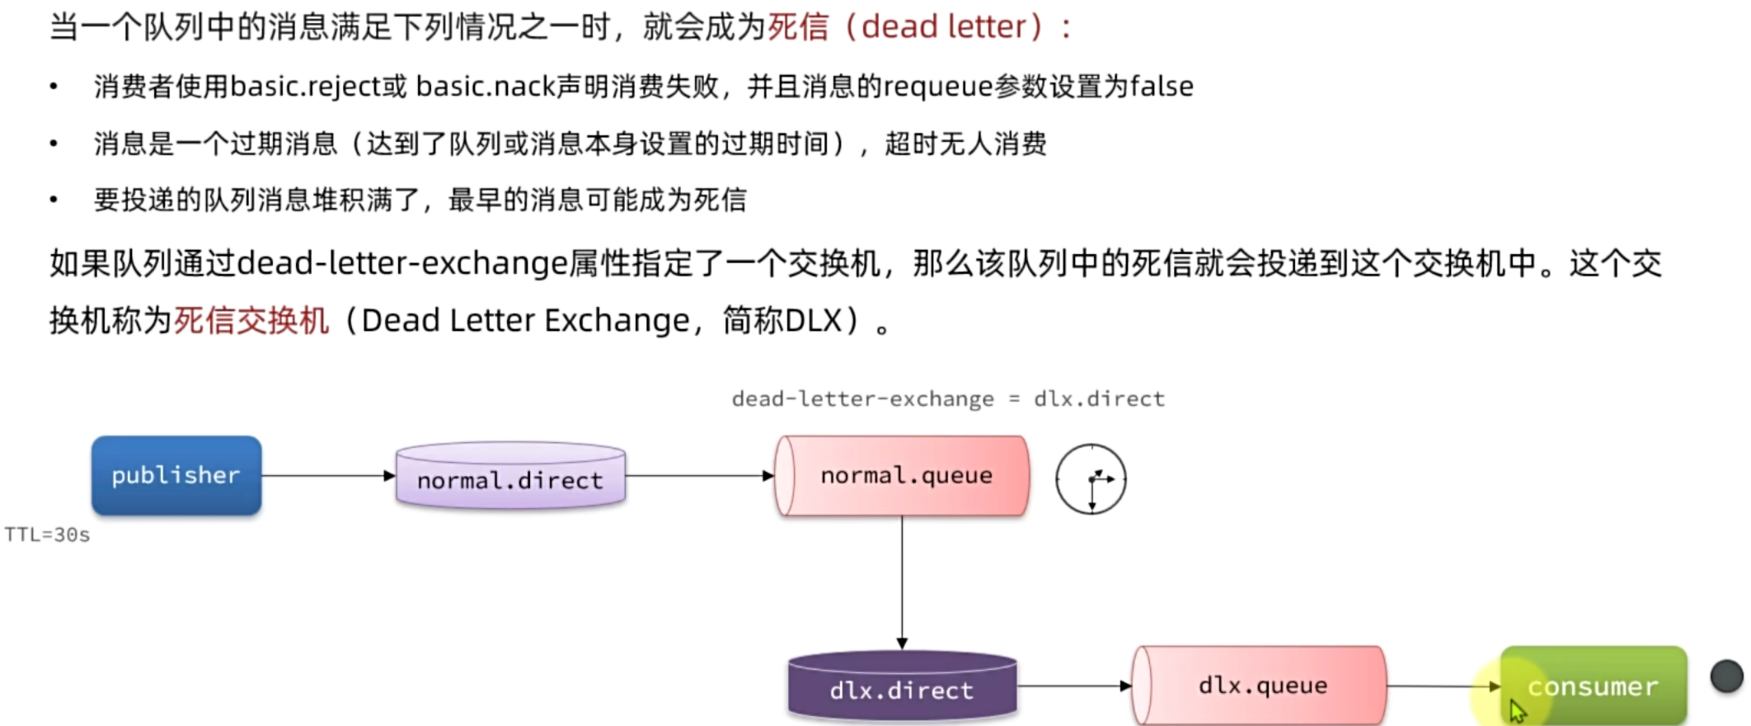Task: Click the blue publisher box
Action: (176, 475)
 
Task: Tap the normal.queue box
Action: (903, 475)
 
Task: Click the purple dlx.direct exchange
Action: (902, 687)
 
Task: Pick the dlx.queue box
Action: (1260, 686)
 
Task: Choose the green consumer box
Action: (1593, 686)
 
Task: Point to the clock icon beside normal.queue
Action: (1091, 479)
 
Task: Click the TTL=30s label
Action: (47, 535)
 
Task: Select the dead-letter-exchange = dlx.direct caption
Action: (948, 399)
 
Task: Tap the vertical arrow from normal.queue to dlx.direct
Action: (902, 582)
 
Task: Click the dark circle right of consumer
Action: (1726, 676)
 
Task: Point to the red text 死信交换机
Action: (251, 320)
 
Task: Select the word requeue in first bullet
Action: (939, 87)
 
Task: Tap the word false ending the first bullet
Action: (1162, 87)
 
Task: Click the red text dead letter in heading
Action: (943, 27)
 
